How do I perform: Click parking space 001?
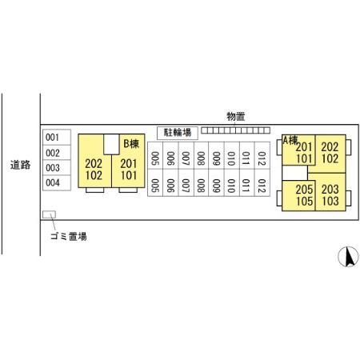tap(57, 138)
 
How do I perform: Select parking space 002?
tap(57, 153)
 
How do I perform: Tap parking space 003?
tap(57, 168)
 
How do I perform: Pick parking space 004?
tap(57, 182)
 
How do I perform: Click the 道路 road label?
tap(21, 165)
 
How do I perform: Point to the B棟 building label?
tap(131, 144)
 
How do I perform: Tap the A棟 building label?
tap(290, 140)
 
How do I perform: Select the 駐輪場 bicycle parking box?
tap(178, 133)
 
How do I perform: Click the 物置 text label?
tap(236, 117)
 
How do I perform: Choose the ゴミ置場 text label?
tap(69, 236)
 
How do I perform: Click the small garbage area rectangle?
tap(49, 214)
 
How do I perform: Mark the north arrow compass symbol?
tap(348, 257)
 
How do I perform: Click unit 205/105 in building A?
tap(298, 196)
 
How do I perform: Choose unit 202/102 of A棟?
tap(330, 154)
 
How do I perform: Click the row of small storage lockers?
tap(235, 130)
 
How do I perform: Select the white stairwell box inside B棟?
tap(111, 144)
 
